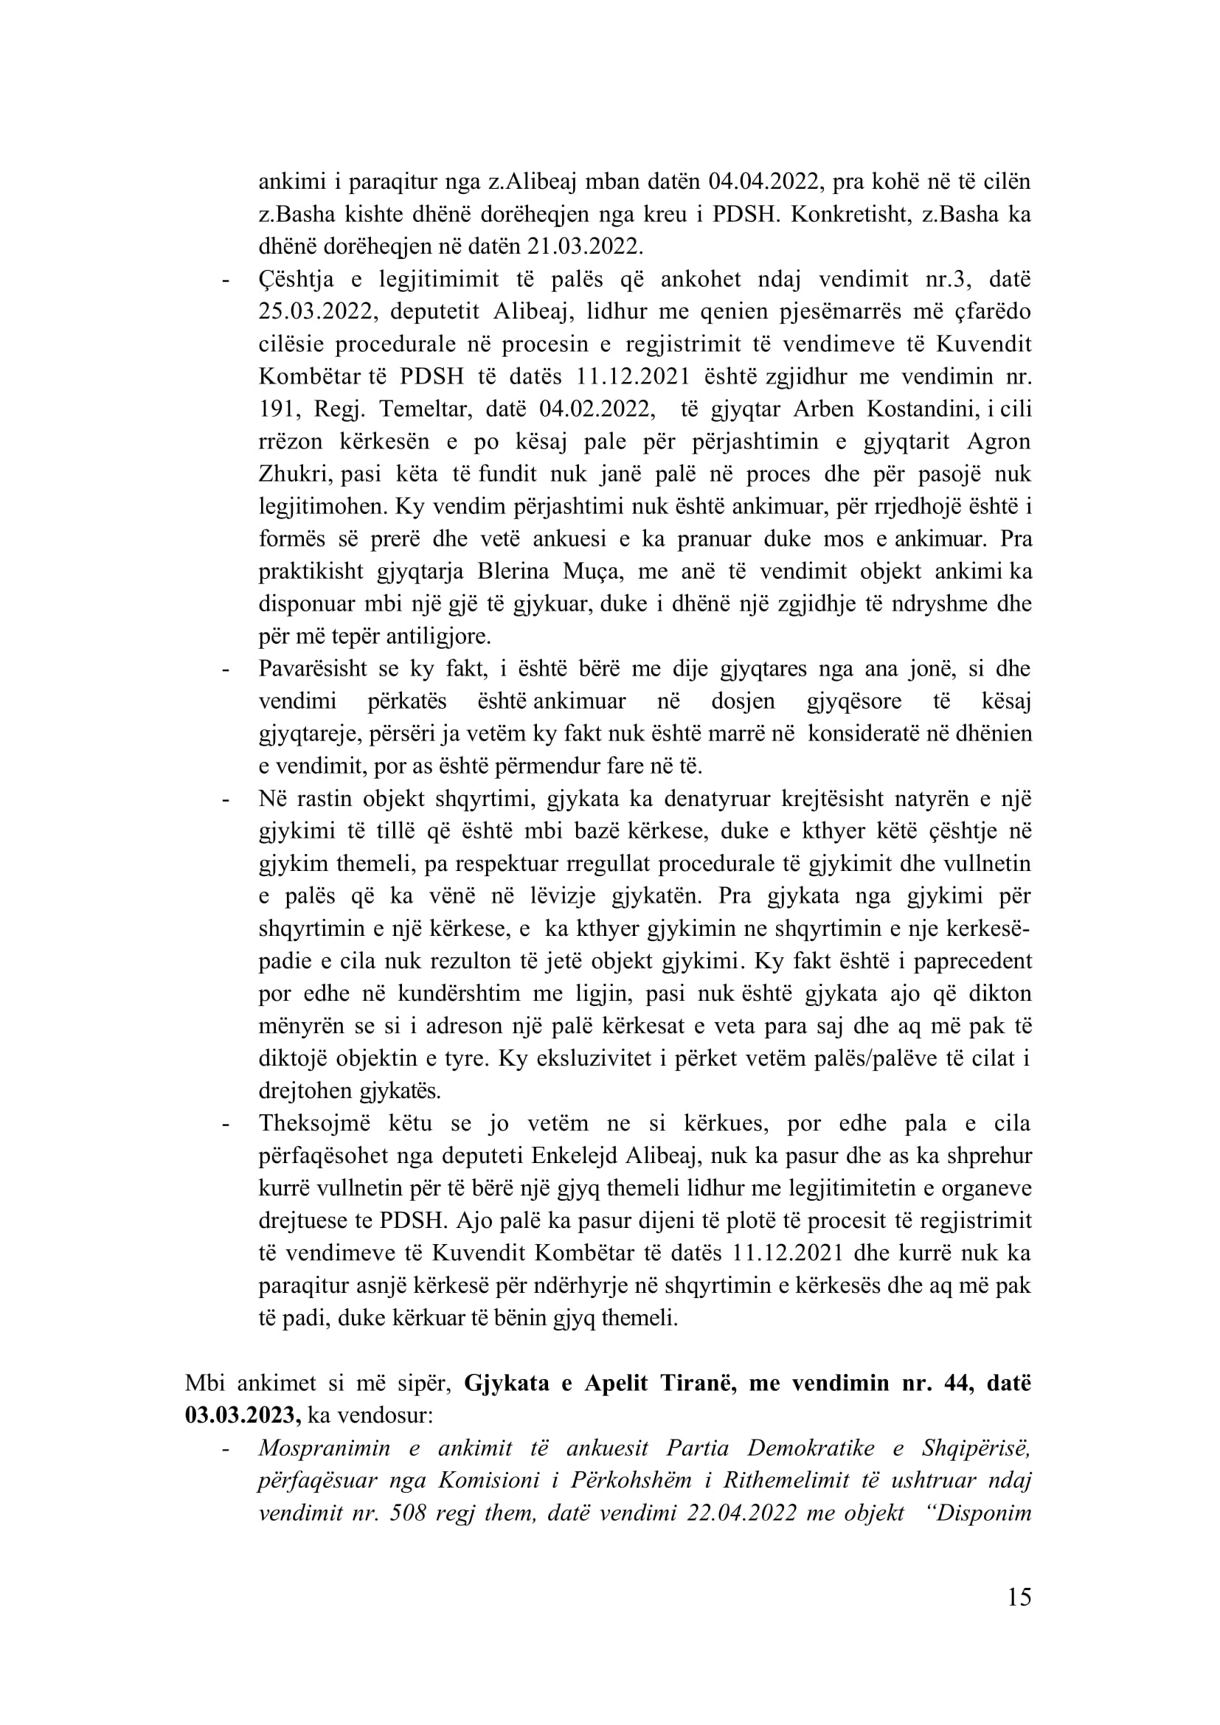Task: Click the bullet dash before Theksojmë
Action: [x=225, y=1125]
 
